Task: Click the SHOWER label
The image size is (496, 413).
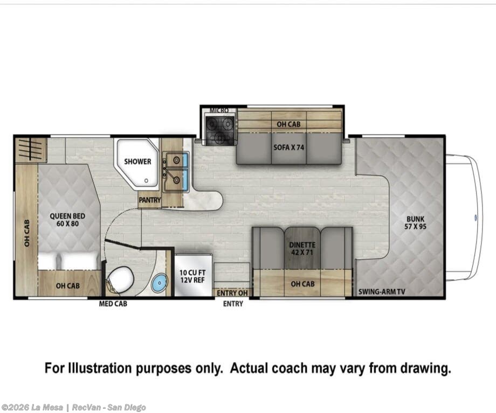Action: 137,162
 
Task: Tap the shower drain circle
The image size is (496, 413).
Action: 146,181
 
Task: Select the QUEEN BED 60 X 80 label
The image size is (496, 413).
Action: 67,220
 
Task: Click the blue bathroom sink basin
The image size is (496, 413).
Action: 160,283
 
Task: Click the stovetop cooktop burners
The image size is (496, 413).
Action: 219,129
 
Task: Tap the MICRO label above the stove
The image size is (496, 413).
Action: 219,110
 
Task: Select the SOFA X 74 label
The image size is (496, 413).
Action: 288,147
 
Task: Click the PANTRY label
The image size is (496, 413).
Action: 150,200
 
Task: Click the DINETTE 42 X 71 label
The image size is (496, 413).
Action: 302,249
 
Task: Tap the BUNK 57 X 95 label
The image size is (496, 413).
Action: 415,222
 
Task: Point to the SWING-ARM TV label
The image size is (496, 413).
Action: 382,292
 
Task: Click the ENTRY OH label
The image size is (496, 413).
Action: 232,293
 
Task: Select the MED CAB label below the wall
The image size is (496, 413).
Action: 113,304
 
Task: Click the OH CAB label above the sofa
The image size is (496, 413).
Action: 288,124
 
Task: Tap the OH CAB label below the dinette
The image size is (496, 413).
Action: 303,284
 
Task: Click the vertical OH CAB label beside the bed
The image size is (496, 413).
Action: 27,233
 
